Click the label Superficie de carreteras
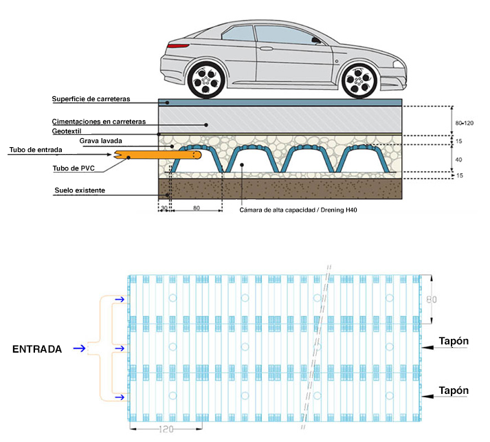pyautogui.click(x=91, y=99)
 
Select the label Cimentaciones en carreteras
pyautogui.click(x=99, y=121)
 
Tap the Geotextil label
pyautogui.click(x=70, y=131)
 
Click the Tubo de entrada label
pyautogui.click(x=36, y=150)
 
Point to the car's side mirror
pyautogui.click(x=317, y=41)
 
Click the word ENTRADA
pyautogui.click(x=37, y=349)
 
